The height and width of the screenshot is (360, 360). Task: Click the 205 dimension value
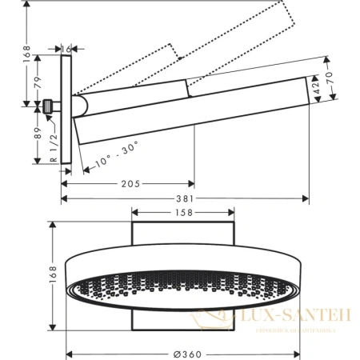point(130,183)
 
